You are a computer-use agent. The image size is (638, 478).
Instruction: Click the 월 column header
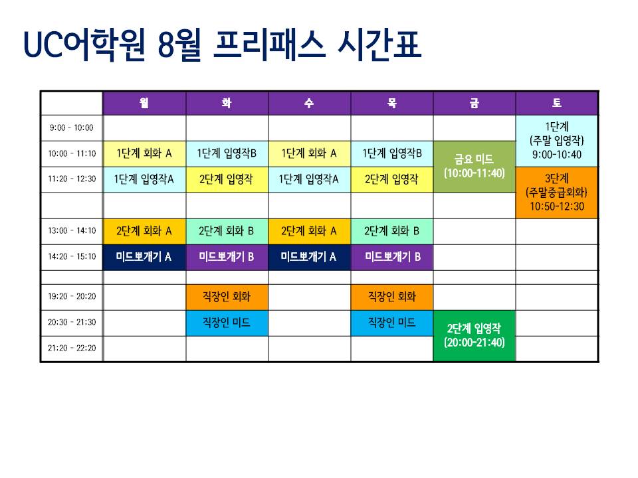(144, 104)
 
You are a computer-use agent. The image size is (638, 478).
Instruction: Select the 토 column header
(557, 104)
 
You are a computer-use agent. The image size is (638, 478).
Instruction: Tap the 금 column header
(474, 104)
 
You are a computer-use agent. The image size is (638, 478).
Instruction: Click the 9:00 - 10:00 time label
(72, 127)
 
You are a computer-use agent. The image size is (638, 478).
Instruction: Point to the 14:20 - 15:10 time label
(72, 256)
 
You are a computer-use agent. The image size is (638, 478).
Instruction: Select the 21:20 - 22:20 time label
(72, 348)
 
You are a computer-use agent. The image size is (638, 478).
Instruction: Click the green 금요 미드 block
(474, 167)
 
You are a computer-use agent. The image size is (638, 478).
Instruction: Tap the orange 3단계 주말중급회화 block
(557, 193)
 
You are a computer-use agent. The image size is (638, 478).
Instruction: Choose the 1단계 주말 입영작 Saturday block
(557, 141)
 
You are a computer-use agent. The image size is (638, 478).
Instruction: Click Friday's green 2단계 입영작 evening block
(474, 336)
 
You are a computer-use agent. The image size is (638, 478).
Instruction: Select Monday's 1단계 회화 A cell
(144, 153)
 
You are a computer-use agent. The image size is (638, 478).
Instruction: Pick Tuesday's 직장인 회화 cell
(227, 297)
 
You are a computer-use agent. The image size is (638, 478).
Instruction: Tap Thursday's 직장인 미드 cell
(392, 323)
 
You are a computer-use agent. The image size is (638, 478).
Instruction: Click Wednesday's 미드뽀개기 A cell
(309, 257)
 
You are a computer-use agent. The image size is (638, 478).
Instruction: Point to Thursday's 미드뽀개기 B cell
(392, 257)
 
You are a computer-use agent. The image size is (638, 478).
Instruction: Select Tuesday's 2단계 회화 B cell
(227, 231)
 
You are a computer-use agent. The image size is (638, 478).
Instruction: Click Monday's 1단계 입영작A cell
(144, 179)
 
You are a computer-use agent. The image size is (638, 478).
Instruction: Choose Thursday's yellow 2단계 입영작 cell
(392, 179)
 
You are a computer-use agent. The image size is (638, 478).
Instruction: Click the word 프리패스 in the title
(269, 45)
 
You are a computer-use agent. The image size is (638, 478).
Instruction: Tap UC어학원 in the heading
(84, 45)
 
